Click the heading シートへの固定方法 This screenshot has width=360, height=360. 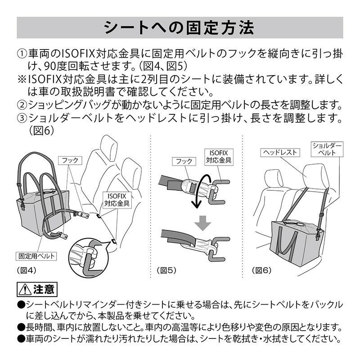click(x=180, y=27)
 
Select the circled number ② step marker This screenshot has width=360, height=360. click(x=22, y=105)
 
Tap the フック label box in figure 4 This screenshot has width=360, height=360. click(x=70, y=160)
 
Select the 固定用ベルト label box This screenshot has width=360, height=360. click(x=36, y=256)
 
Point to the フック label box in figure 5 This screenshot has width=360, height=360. click(x=184, y=161)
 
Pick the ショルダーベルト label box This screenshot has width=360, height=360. click(x=328, y=149)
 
